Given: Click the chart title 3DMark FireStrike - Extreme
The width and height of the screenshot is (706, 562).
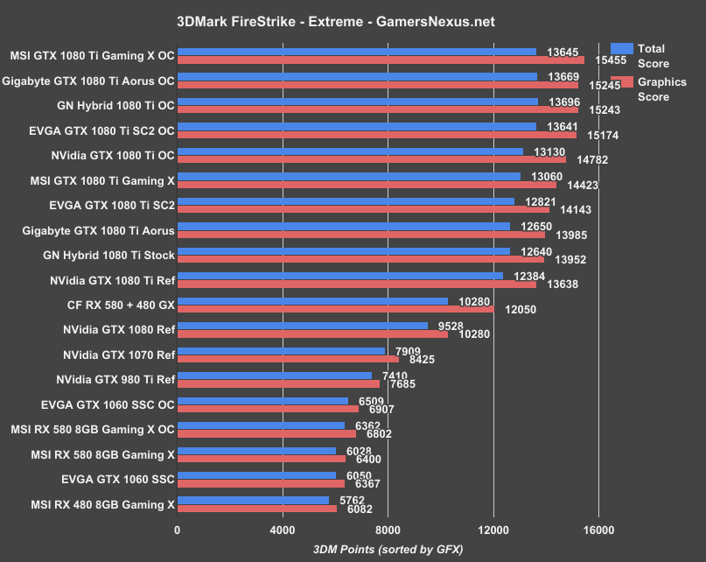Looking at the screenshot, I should click(353, 19).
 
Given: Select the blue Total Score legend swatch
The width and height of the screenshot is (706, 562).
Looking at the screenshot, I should click(621, 49).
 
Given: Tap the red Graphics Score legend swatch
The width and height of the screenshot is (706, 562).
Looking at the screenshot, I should click(621, 81).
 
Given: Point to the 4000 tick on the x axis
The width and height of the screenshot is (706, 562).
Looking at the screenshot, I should click(283, 530).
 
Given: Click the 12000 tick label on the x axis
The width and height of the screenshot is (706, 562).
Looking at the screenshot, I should click(493, 530).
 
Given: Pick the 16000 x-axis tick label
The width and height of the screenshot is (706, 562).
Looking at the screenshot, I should click(598, 530).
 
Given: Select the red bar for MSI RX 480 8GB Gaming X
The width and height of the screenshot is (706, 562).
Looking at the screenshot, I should click(257, 509).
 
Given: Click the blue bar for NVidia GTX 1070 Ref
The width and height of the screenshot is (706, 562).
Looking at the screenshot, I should click(281, 351).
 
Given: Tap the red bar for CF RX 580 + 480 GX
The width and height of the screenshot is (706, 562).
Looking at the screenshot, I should click(335, 309).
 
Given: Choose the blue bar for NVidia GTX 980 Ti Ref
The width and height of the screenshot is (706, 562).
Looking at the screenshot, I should click(275, 376).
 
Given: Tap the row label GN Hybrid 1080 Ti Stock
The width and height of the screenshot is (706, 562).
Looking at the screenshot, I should click(109, 255).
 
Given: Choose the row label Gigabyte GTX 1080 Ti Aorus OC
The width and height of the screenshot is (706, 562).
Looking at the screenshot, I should click(89, 81).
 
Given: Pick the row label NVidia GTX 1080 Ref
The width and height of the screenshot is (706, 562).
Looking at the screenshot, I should click(119, 330).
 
